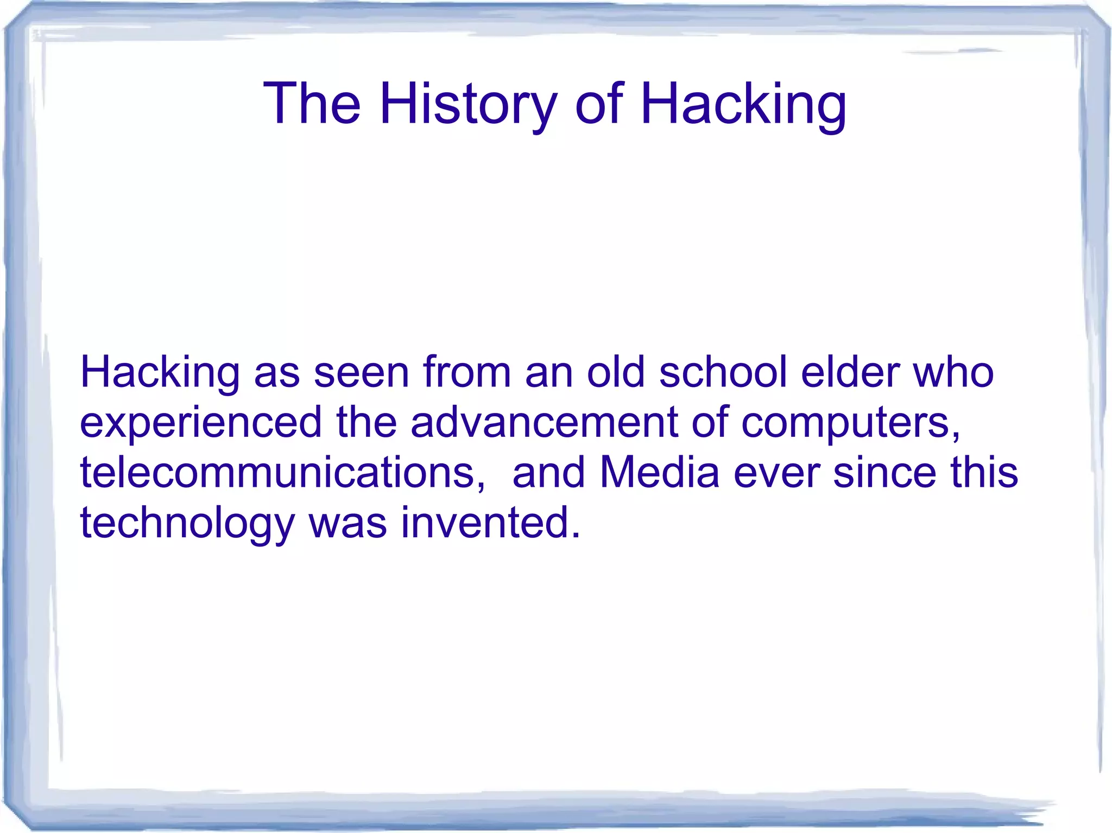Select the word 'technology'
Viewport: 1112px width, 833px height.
click(x=187, y=523)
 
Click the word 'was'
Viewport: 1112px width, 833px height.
click(x=348, y=523)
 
